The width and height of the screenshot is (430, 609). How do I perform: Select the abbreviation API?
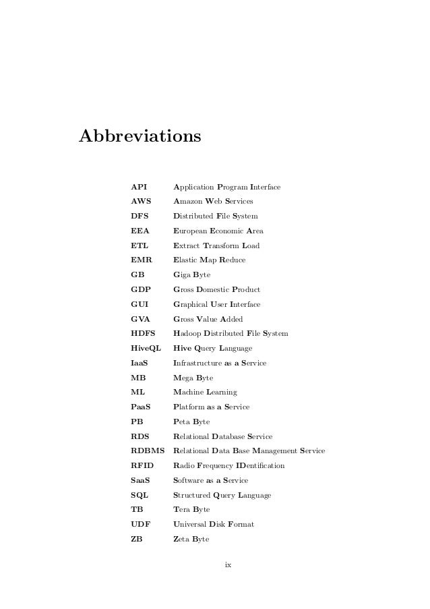pos(139,187)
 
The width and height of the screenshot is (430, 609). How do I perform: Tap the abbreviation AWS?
pos(141,202)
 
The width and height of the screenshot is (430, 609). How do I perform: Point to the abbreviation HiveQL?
pos(146,348)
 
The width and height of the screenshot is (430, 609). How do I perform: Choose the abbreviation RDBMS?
pos(148,451)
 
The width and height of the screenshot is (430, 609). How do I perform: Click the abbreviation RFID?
pos(142,465)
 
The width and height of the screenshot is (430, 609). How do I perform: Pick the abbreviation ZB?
pos(136,539)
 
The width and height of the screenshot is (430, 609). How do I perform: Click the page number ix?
pos(228,564)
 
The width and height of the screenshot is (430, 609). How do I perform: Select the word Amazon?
pos(189,202)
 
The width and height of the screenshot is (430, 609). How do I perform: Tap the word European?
pos(191,231)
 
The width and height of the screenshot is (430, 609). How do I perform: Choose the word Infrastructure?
pos(200,363)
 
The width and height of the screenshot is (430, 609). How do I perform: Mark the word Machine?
pos(189,392)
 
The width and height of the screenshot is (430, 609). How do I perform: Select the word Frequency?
pos(219,465)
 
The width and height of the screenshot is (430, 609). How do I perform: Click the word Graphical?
pos(192,304)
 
